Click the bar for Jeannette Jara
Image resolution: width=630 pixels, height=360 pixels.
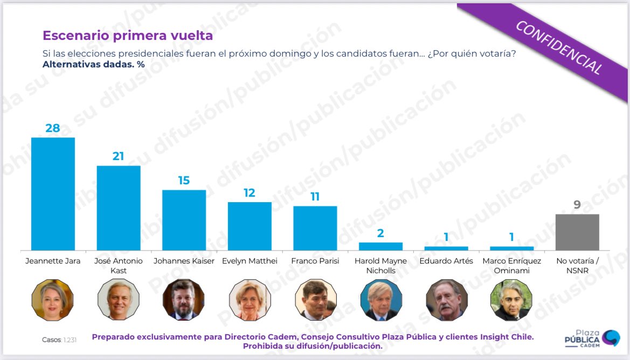pos(53,193)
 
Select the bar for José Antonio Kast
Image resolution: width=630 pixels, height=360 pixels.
pos(119,207)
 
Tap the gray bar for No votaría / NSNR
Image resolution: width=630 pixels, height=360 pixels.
pos(577,232)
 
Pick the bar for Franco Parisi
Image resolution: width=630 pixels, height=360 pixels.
pos(315,228)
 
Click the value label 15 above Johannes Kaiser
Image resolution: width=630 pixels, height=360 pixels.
pos(184,181)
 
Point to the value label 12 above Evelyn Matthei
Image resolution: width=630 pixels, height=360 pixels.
pos(250,193)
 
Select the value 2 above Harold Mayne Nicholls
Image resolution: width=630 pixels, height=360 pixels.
pos(380,233)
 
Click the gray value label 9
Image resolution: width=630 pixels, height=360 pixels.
pos(577,205)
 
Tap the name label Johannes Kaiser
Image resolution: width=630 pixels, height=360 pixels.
pos(184,261)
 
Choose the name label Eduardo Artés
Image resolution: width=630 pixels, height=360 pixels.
pos(446,261)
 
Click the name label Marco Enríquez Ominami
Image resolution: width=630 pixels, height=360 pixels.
pos(511,266)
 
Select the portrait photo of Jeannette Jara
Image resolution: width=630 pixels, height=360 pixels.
pos(53,300)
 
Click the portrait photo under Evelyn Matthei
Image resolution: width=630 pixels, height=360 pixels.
pos(250,300)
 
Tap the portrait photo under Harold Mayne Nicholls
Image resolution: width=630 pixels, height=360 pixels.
pos(380,300)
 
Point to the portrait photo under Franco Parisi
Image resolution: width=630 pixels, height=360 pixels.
pos(315,300)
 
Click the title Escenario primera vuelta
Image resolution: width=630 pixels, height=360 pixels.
pos(128,36)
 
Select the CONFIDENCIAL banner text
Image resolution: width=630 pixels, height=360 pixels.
pos(559,47)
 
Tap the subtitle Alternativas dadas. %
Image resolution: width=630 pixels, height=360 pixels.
pos(93,64)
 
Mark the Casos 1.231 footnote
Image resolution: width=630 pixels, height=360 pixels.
pos(59,340)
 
